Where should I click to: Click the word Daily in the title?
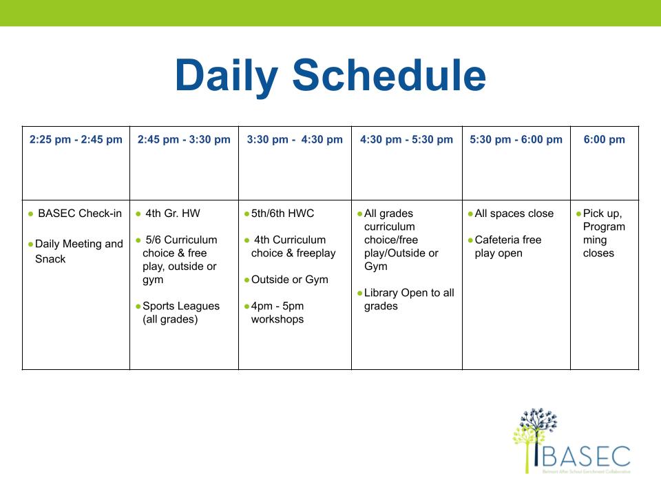tap(227, 76)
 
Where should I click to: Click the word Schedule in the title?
tap(389, 74)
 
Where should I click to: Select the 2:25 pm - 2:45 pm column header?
tap(76, 140)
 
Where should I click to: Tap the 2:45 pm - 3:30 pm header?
tap(184, 140)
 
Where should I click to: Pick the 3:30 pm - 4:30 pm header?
tap(295, 140)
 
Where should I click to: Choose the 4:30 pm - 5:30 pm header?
tap(406, 140)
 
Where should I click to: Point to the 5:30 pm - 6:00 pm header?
tap(516, 140)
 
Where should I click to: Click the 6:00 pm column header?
tap(604, 140)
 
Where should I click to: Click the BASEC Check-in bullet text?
tap(80, 214)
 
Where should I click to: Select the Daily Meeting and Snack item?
tap(78, 251)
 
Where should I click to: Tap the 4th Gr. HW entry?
tap(172, 214)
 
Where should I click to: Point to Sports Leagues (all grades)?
tap(181, 313)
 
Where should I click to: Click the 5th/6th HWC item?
tap(282, 214)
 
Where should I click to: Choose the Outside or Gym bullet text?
tap(290, 280)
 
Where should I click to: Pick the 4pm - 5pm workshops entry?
tap(277, 313)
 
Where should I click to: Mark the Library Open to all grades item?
tap(409, 300)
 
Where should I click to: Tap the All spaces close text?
tap(514, 214)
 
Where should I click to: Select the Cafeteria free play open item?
tap(508, 247)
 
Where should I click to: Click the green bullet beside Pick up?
tap(579, 214)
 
